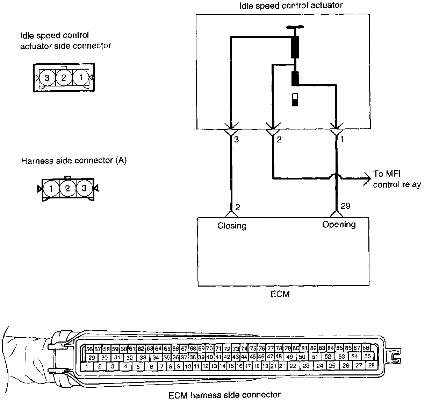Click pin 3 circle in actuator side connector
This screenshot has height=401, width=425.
[47, 77]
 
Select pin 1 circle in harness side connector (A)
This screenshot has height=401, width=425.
[51, 189]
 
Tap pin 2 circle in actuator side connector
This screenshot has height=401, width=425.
[64, 77]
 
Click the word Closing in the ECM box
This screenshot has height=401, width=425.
[232, 226]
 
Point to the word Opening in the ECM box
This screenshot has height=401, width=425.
[339, 224]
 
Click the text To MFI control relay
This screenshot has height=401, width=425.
[396, 179]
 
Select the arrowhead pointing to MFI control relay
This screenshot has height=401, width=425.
[367, 178]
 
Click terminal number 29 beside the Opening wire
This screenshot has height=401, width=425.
[345, 206]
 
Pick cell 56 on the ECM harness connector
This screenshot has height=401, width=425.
[89, 349]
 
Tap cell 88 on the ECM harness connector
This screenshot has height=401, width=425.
[366, 348]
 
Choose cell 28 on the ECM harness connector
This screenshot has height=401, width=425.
[371, 365]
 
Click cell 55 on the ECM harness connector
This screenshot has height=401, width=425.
[367, 356]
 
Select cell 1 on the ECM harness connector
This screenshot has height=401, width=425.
[86, 366]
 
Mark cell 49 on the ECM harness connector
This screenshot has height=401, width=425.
[289, 357]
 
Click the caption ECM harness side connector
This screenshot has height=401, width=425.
[224, 395]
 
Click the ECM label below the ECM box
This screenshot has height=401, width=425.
[280, 294]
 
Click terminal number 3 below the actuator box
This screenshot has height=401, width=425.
[236, 140]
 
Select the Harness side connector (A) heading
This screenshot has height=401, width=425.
[74, 161]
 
